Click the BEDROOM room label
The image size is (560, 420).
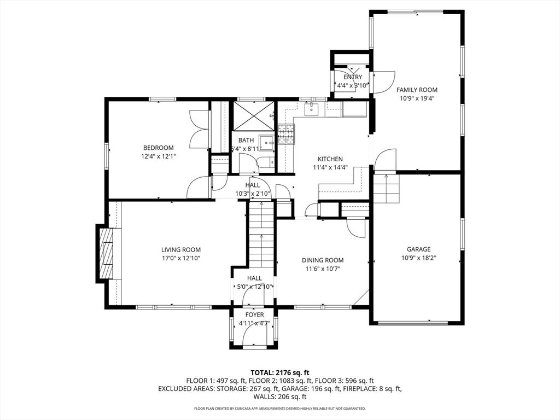coord(158,148)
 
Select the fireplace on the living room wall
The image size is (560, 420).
coord(107,254)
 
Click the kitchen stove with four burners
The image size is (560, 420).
coord(286,134)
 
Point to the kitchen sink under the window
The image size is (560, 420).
coord(311,109)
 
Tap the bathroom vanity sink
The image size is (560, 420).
coord(266,142)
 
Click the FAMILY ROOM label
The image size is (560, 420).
coord(417,90)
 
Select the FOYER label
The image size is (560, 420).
coord(254,315)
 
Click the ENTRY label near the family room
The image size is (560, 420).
coord(352,77)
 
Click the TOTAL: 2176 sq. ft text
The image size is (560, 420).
coord(279,372)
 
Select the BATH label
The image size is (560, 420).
coord(246,140)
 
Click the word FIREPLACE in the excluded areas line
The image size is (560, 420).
coord(361,389)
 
